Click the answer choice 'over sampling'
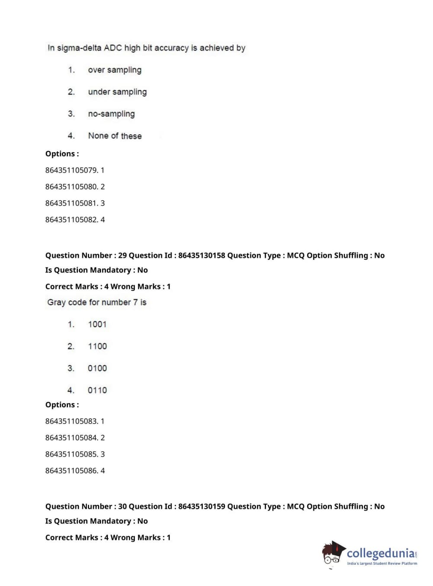(x=115, y=70)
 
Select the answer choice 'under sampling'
(x=117, y=92)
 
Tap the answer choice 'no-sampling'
(x=111, y=114)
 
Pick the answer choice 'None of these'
(x=115, y=136)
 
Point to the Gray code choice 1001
(x=97, y=325)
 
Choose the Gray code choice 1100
(x=97, y=347)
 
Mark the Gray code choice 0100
(x=97, y=369)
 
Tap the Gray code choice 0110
(x=97, y=391)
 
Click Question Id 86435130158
(x=202, y=255)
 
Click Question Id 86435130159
(x=202, y=506)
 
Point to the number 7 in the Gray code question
(x=135, y=303)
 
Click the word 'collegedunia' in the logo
(x=381, y=554)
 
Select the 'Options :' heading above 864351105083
(x=62, y=405)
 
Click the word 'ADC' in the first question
(x=113, y=48)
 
